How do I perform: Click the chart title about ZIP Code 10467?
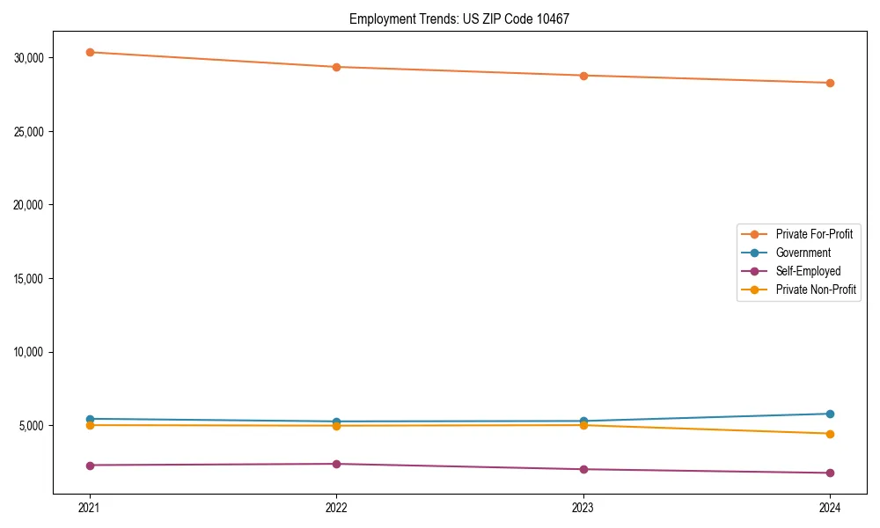[458, 18]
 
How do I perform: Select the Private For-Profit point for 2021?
[90, 52]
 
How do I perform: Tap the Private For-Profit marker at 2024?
[830, 83]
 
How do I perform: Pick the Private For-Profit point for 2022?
[336, 67]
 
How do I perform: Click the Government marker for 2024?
[830, 414]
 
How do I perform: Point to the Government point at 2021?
[90, 419]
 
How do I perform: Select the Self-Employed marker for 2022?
[336, 464]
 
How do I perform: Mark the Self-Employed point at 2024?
[830, 473]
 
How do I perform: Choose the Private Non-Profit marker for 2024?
[830, 434]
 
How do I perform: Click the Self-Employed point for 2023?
[583, 469]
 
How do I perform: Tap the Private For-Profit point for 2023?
[583, 76]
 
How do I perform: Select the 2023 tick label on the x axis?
[583, 507]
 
